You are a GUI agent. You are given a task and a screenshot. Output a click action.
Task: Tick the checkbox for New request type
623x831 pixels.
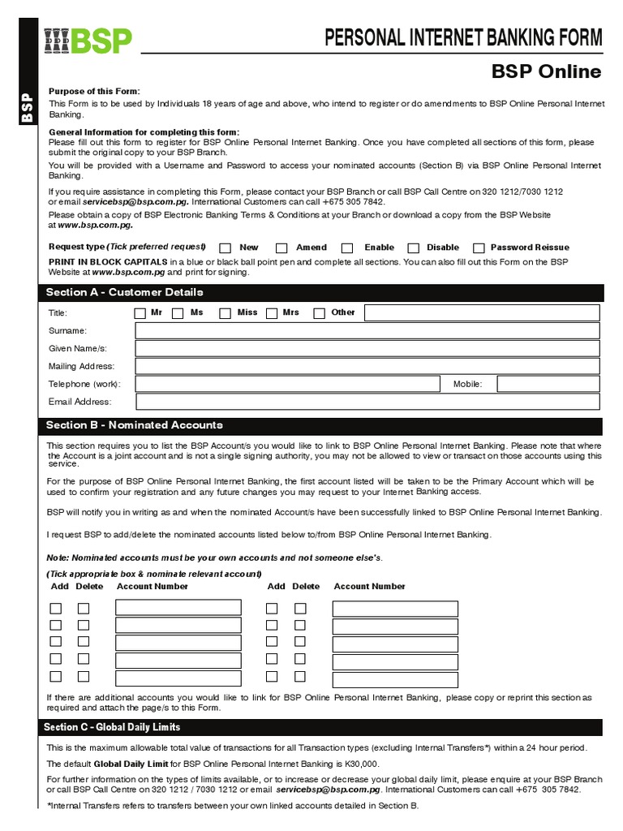(x=226, y=248)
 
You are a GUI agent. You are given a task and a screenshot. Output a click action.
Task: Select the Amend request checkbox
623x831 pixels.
(x=281, y=248)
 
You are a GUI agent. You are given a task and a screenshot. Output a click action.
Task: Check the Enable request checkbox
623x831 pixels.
(x=347, y=248)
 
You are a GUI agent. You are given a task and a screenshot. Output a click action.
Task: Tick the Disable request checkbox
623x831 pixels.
(x=413, y=248)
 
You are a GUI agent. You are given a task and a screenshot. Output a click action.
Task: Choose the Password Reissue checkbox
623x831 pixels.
(x=479, y=248)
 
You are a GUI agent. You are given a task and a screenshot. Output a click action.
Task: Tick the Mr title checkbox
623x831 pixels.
(x=140, y=313)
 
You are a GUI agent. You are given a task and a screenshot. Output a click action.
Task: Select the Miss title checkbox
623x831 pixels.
(x=224, y=313)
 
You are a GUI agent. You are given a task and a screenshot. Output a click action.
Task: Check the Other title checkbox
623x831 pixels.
(x=320, y=313)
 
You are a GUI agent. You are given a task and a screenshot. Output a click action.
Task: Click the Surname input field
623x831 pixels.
(x=367, y=331)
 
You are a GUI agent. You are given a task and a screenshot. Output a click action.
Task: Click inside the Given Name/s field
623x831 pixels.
(x=367, y=349)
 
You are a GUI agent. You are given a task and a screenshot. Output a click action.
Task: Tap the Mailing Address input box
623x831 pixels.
(x=367, y=367)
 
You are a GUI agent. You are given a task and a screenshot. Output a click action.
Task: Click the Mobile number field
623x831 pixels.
(x=548, y=384)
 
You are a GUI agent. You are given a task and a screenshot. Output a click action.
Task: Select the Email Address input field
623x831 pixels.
(x=367, y=402)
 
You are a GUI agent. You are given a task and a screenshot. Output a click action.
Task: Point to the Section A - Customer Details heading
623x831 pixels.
(x=124, y=293)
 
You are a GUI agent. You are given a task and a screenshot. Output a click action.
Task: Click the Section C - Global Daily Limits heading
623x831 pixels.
(x=112, y=727)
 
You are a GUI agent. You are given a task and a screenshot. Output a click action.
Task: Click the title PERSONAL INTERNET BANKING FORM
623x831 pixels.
(x=463, y=37)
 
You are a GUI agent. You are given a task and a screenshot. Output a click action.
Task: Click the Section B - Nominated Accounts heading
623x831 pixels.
(x=134, y=426)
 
